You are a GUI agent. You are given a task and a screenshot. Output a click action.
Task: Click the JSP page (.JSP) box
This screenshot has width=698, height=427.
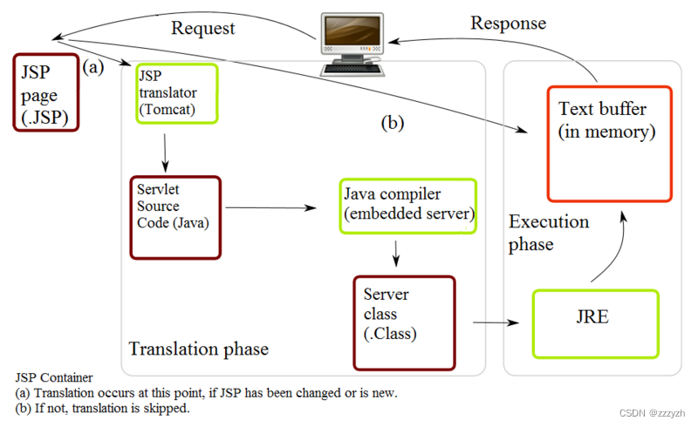(x=46, y=92)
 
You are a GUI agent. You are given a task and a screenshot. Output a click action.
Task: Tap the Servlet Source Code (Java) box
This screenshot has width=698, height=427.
(x=175, y=217)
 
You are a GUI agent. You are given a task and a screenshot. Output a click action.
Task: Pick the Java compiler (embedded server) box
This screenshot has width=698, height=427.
(x=408, y=206)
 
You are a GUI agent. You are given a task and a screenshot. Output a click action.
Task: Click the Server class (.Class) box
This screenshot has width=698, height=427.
(x=404, y=322)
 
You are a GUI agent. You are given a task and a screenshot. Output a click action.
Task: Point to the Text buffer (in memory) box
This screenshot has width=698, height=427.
(x=609, y=143)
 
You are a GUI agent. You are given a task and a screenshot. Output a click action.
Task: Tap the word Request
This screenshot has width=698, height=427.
(x=203, y=28)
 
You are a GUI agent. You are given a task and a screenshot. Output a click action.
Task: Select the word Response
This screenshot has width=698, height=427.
(x=509, y=23)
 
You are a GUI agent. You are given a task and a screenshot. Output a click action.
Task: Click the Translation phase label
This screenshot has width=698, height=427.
(x=199, y=349)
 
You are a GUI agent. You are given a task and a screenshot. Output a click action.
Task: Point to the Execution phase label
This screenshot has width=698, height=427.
(x=549, y=233)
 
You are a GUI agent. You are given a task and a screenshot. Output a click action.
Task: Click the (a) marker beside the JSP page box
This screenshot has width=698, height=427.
(x=93, y=66)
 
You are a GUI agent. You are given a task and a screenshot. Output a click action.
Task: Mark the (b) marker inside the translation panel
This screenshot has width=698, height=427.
(x=393, y=123)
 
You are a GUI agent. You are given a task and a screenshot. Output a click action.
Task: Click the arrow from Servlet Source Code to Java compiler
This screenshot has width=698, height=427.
(x=270, y=208)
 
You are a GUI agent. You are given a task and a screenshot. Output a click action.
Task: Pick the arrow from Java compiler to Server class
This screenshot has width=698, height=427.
(x=397, y=253)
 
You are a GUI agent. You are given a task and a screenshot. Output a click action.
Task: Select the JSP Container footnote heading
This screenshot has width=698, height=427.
(x=54, y=377)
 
